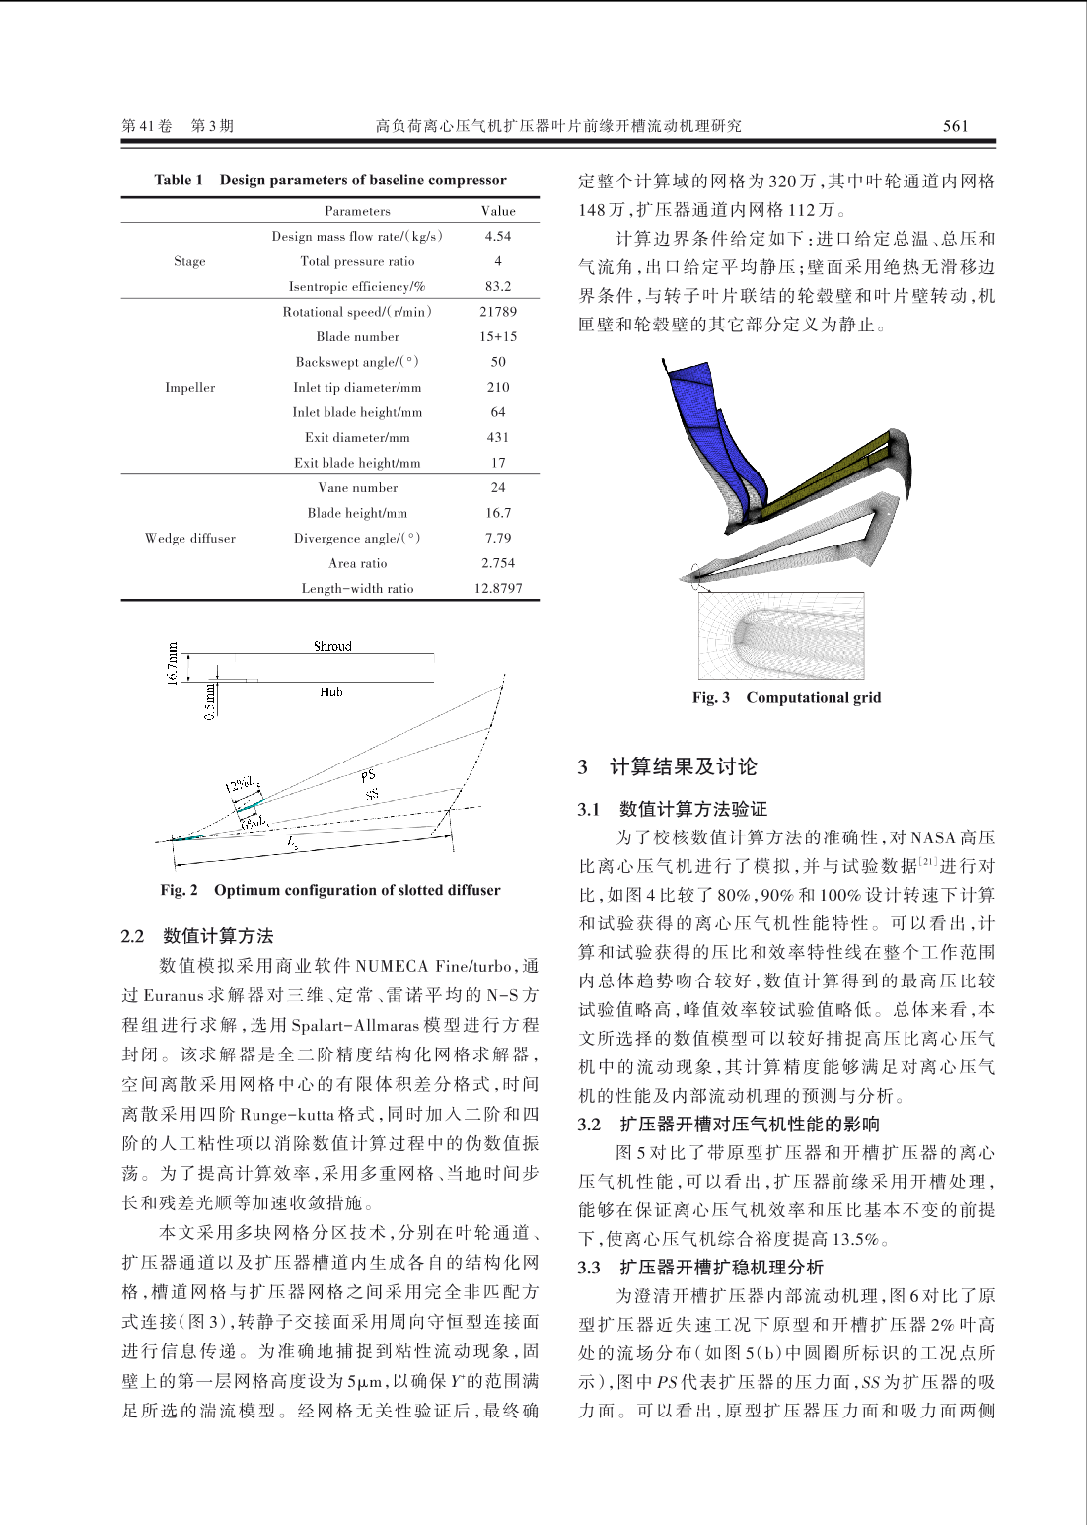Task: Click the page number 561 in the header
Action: [x=955, y=126]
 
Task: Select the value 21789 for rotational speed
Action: [x=498, y=312]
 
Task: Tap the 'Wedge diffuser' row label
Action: [x=190, y=539]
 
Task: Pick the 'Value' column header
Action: [x=498, y=211]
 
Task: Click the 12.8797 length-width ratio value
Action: [x=498, y=589]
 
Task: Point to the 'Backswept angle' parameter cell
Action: [x=357, y=362]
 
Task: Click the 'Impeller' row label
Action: [x=190, y=388]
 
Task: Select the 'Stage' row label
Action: [x=189, y=262]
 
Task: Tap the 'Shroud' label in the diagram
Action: [x=332, y=647]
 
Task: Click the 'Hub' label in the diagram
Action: [x=331, y=692]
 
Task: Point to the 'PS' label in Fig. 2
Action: [x=368, y=776]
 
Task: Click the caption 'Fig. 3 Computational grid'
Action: [x=786, y=698]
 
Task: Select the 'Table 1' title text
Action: [x=330, y=180]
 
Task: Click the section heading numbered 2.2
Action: [x=197, y=936]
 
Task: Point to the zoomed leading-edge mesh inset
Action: [x=781, y=636]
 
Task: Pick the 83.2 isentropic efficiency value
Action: [x=498, y=287]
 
